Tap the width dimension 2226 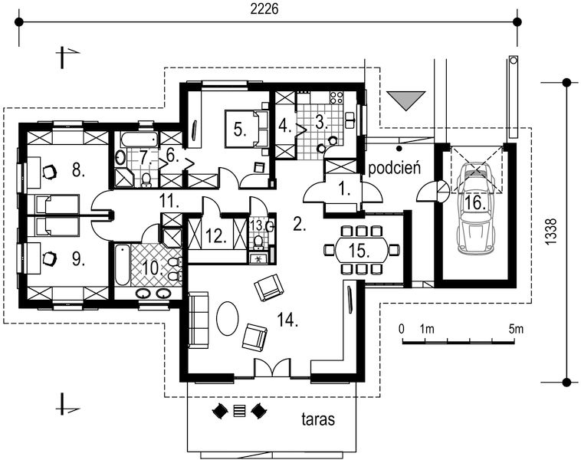(263, 10)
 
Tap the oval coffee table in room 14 (228, 317)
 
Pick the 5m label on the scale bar (516, 329)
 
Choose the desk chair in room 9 (49, 259)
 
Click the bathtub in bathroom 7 (139, 140)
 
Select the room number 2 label (300, 225)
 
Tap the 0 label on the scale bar (402, 329)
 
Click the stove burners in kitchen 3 (335, 97)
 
